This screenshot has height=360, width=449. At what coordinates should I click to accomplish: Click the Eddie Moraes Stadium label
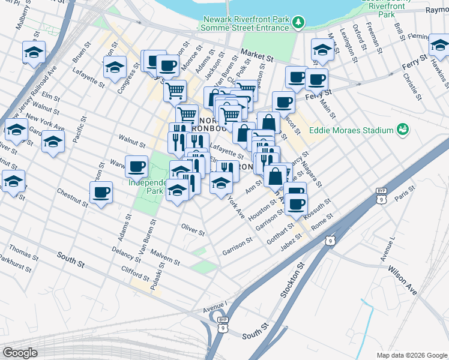coord(351,130)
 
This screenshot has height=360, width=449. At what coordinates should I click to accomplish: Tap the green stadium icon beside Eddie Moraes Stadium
coord(402,129)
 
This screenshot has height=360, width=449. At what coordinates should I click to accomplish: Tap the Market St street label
coord(257,55)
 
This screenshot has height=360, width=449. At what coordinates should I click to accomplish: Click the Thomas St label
coord(24,251)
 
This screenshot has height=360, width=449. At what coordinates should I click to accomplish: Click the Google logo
coord(20,352)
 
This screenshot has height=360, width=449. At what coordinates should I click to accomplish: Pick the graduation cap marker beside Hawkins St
coord(440,45)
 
